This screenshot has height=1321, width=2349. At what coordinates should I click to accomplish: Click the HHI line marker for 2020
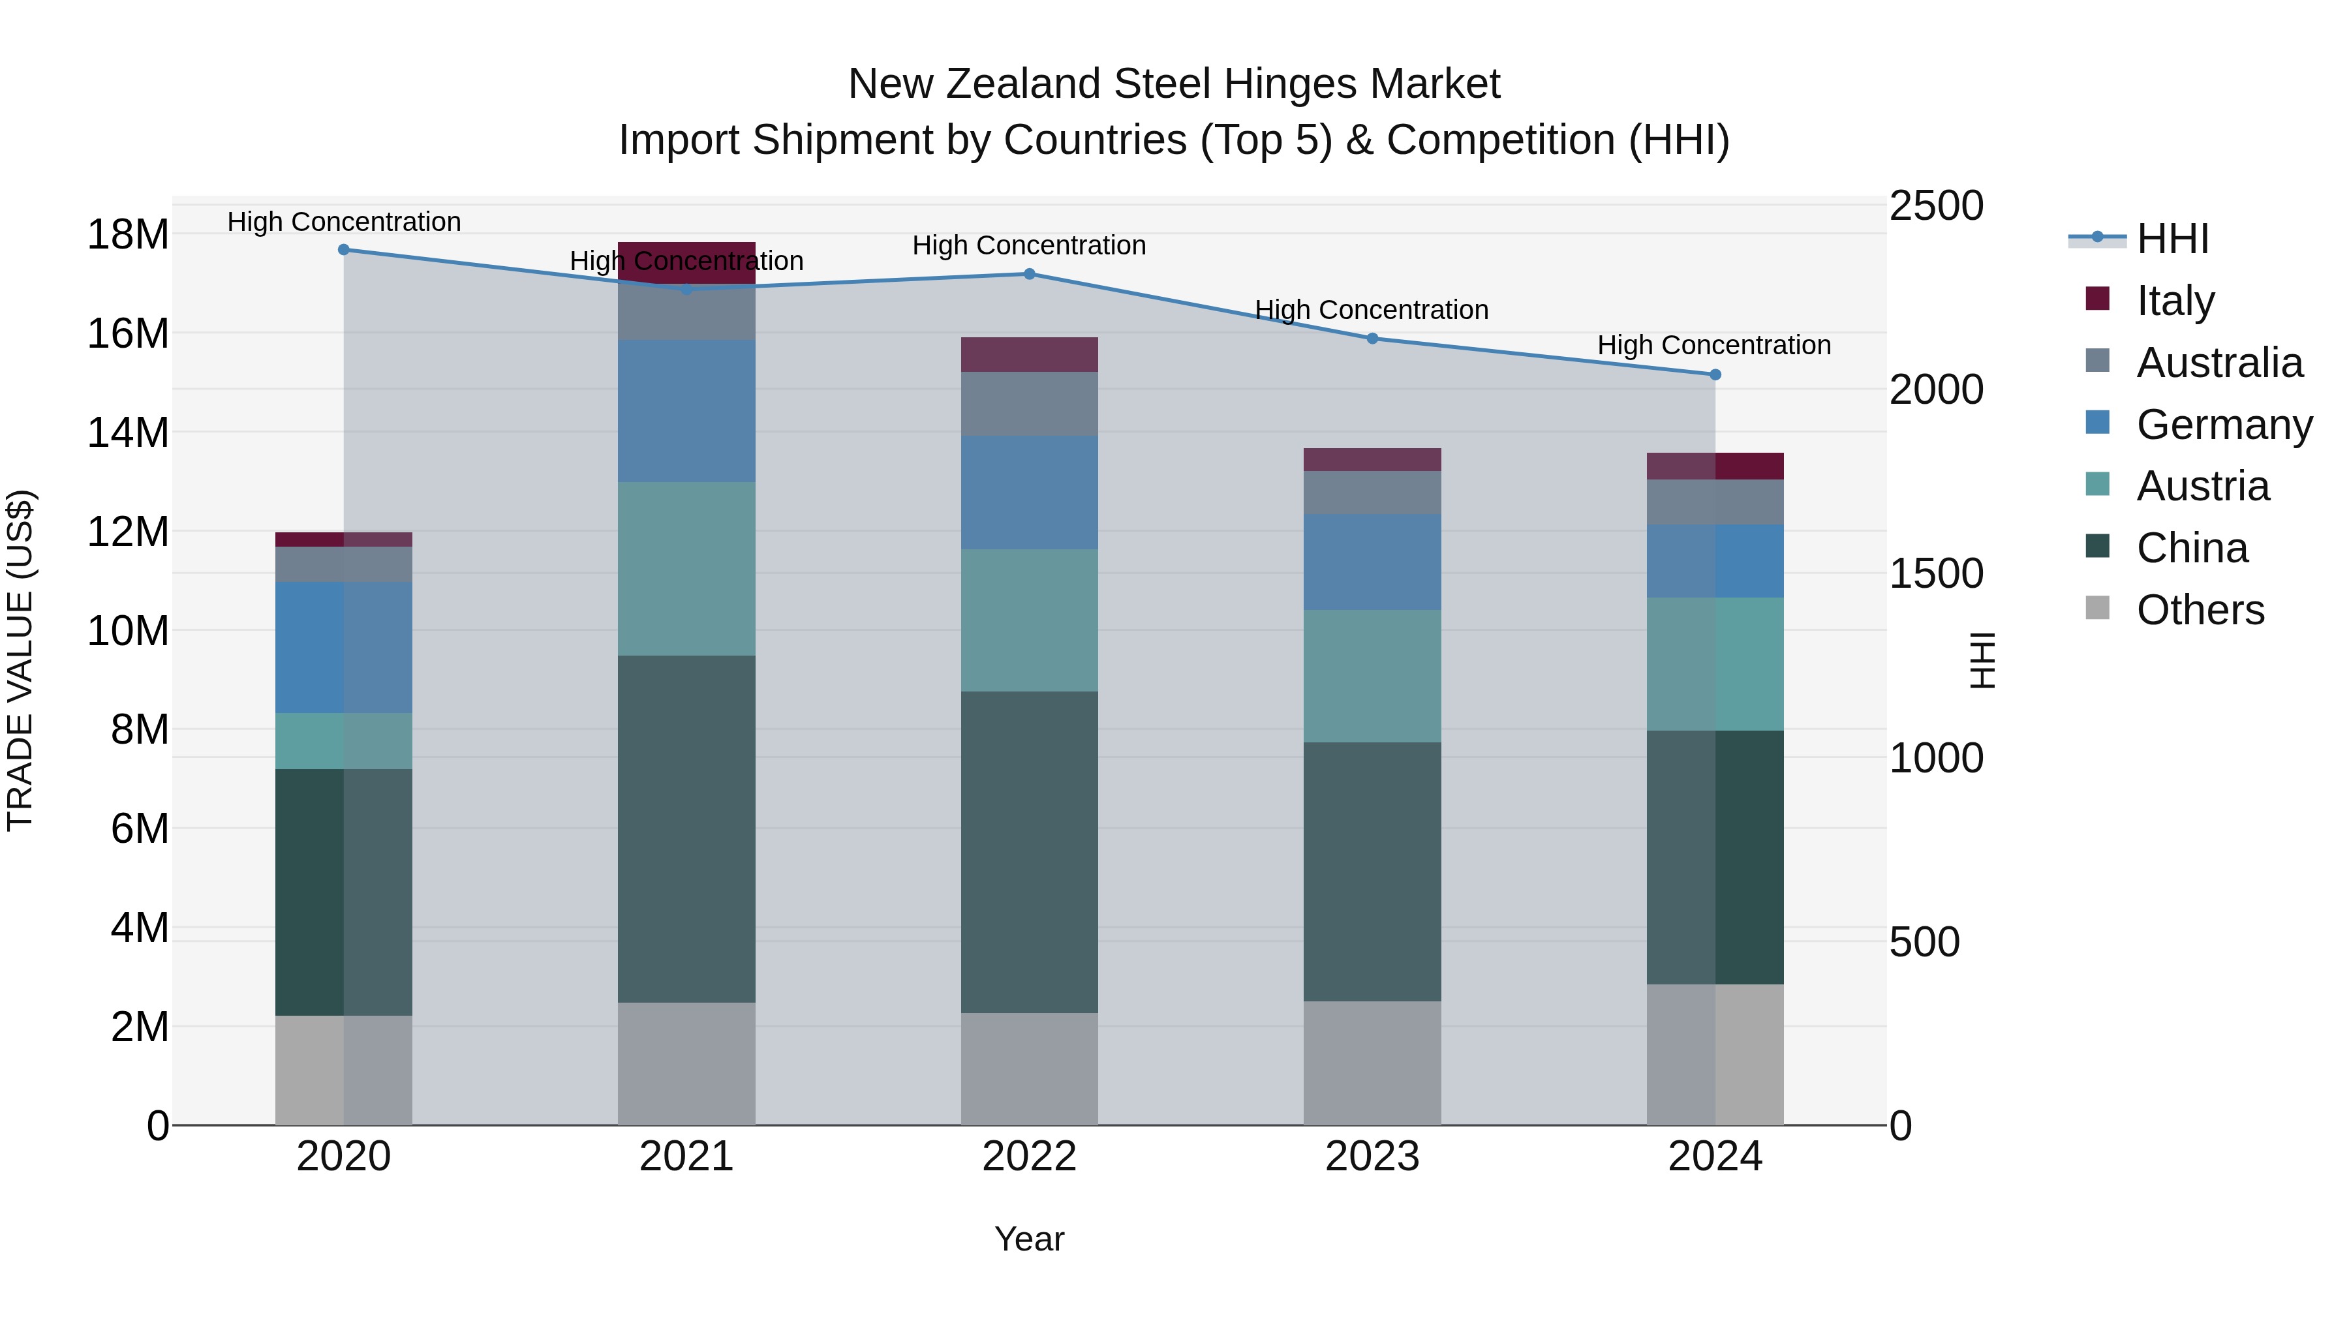pyautogui.click(x=344, y=250)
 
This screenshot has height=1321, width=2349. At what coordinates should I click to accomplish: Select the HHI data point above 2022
pyautogui.click(x=1030, y=273)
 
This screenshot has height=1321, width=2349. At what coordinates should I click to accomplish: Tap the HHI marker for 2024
pyautogui.click(x=1715, y=374)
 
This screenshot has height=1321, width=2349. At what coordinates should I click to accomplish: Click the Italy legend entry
pyautogui.click(x=2175, y=300)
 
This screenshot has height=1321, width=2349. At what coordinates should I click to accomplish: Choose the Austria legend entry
pyautogui.click(x=2202, y=486)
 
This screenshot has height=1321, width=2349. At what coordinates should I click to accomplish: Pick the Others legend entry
pyautogui.click(x=2200, y=610)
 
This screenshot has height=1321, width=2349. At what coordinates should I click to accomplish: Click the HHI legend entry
pyautogui.click(x=2172, y=239)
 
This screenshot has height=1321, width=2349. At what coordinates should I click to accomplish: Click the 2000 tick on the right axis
pyautogui.click(x=1936, y=390)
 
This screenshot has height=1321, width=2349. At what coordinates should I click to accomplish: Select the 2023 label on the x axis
pyautogui.click(x=1372, y=1157)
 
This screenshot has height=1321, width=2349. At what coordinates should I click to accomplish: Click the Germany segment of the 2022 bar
pyautogui.click(x=1030, y=493)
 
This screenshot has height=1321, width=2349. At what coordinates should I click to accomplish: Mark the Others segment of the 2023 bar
pyautogui.click(x=1372, y=1063)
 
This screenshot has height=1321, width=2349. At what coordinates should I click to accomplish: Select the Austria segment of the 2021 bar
pyautogui.click(x=686, y=568)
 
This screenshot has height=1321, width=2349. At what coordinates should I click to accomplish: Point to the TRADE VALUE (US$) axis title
pyautogui.click(x=20, y=660)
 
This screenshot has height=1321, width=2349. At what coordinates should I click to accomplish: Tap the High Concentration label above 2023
pyautogui.click(x=1372, y=310)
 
